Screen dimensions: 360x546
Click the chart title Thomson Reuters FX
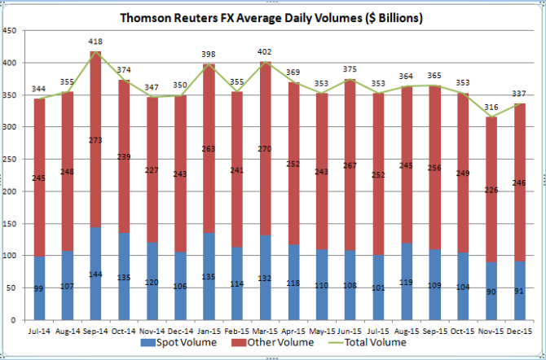pos(273,16)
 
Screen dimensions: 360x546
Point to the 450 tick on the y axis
pos(10,31)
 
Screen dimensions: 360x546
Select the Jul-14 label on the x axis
pos(37,331)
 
